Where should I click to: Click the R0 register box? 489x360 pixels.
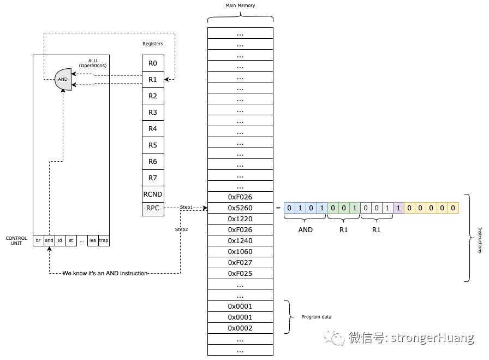coord(153,63)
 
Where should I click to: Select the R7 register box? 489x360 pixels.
coord(153,178)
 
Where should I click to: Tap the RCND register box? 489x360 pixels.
coord(153,194)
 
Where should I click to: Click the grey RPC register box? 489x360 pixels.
coord(153,208)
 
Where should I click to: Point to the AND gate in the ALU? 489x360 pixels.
coord(63,79)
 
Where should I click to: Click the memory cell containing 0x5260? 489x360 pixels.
coord(240,208)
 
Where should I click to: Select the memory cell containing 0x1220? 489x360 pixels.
coord(240,219)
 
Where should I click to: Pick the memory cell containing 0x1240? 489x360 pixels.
coord(240,241)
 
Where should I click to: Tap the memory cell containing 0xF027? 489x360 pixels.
coord(240,263)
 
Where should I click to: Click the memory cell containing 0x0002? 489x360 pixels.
coord(240,328)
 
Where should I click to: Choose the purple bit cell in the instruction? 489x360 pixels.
coord(398,208)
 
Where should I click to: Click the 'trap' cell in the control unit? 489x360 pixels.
coord(104,240)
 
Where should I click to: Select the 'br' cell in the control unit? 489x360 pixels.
coord(38,240)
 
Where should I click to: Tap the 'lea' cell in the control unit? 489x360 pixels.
coord(93,240)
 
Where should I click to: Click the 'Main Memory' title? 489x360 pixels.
coord(240,5)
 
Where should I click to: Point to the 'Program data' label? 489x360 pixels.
coord(316,317)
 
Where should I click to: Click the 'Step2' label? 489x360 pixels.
coord(181,229)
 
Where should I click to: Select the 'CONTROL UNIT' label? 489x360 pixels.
coord(16,240)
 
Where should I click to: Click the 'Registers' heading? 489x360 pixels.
coord(153,44)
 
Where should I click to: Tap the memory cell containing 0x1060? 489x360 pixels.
coord(240,252)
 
